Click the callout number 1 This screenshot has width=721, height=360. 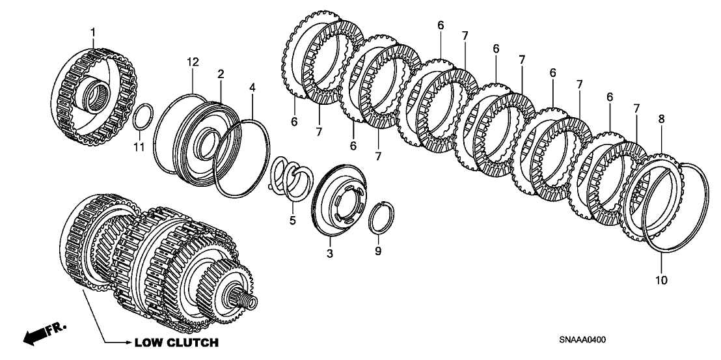click(92, 31)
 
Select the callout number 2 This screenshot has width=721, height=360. click(221, 74)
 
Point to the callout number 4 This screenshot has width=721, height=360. click(252, 87)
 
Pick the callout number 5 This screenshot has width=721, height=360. click(292, 221)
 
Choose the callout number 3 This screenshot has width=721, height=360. click(329, 253)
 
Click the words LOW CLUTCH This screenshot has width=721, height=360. click(176, 342)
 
